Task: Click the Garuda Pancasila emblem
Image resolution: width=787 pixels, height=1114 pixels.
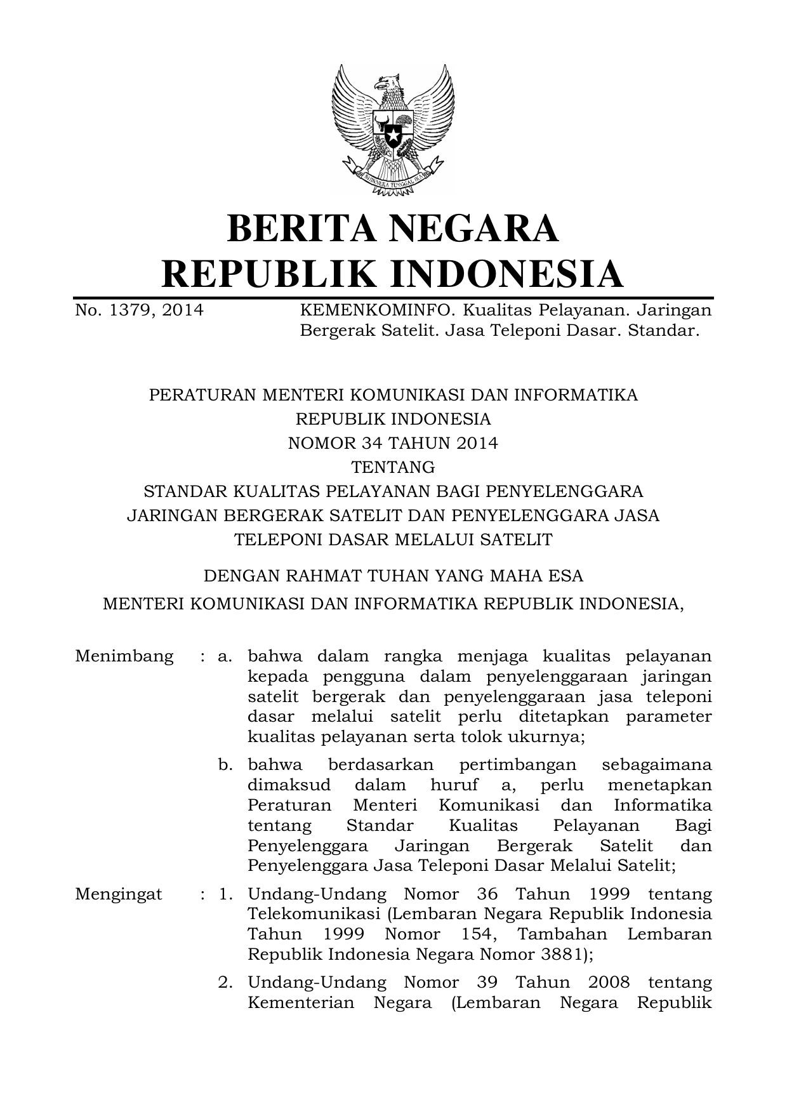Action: coord(393,129)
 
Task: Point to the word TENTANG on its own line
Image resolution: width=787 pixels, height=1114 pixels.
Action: coord(393,467)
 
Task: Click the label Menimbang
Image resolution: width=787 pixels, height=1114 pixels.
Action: coord(124,656)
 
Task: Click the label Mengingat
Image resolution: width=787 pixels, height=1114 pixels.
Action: coord(119,894)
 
